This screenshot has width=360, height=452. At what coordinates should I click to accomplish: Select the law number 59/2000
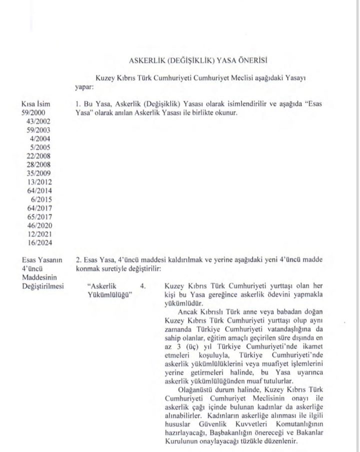tap(28, 113)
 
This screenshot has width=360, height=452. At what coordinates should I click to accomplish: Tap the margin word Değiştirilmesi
tap(37, 285)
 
